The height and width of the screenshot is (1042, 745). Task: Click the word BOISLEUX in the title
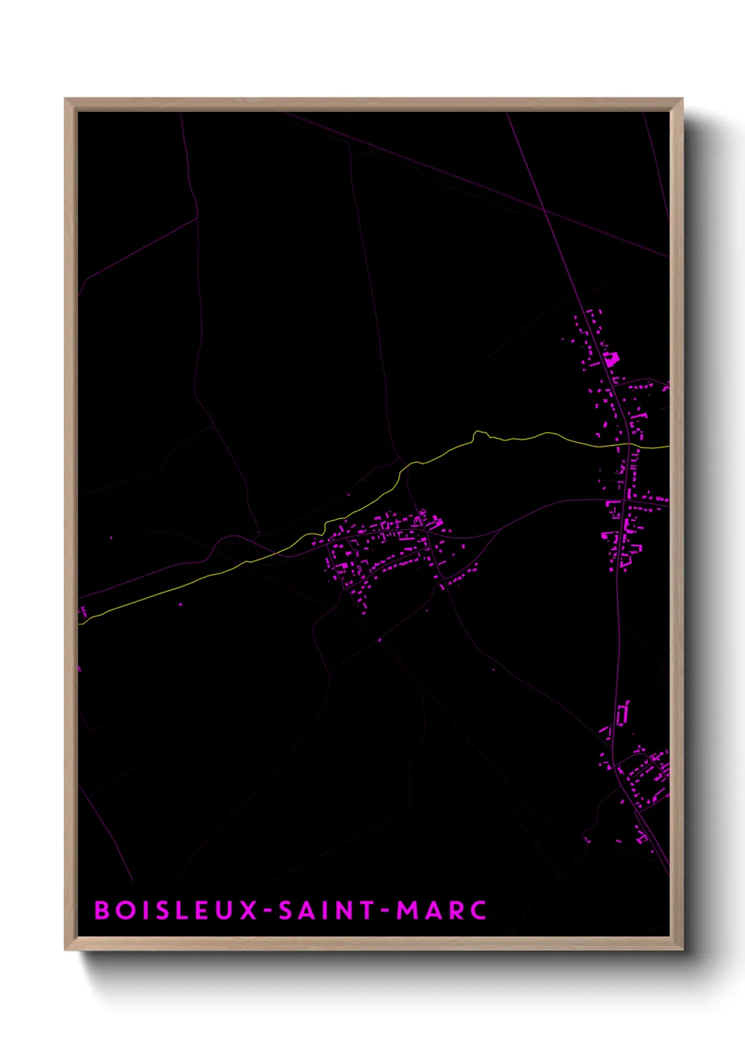(x=177, y=910)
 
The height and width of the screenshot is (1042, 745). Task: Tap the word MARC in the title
(x=442, y=910)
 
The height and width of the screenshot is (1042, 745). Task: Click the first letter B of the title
(x=102, y=910)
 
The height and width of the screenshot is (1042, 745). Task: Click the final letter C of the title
(x=479, y=910)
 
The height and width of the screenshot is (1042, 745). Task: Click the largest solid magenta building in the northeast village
(x=610, y=358)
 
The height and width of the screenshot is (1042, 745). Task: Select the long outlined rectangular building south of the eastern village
(x=622, y=713)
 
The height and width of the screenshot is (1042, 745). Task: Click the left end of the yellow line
(x=80, y=622)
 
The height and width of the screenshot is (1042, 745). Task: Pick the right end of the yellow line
(x=668, y=446)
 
